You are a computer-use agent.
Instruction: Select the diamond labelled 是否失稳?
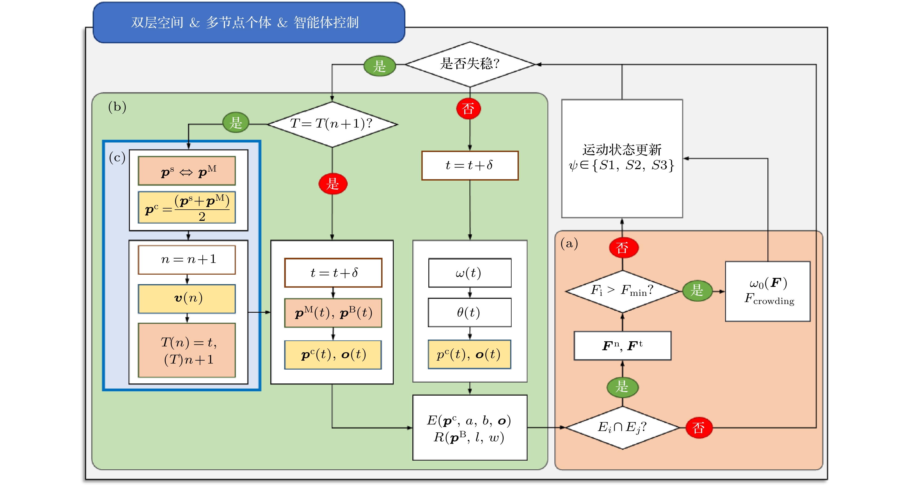470,64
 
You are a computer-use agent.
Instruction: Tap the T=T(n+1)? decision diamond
332,124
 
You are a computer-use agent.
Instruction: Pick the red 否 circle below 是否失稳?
468,108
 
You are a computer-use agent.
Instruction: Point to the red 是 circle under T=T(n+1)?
333,184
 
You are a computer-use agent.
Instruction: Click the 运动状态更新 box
622,158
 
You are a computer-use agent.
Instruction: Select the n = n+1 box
187,260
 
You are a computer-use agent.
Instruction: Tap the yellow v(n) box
187,298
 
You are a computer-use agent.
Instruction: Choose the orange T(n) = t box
187,350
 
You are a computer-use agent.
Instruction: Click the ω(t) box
469,273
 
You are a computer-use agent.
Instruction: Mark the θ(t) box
469,312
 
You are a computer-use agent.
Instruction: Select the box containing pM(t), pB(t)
333,313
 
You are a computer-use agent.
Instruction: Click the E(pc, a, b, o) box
470,427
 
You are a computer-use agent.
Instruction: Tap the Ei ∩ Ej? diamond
622,427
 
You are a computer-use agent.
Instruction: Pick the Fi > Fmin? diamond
622,291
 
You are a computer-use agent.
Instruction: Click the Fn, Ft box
622,345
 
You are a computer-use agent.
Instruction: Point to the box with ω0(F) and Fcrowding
767,291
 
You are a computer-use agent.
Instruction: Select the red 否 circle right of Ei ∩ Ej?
699,428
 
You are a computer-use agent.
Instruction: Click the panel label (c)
117,157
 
